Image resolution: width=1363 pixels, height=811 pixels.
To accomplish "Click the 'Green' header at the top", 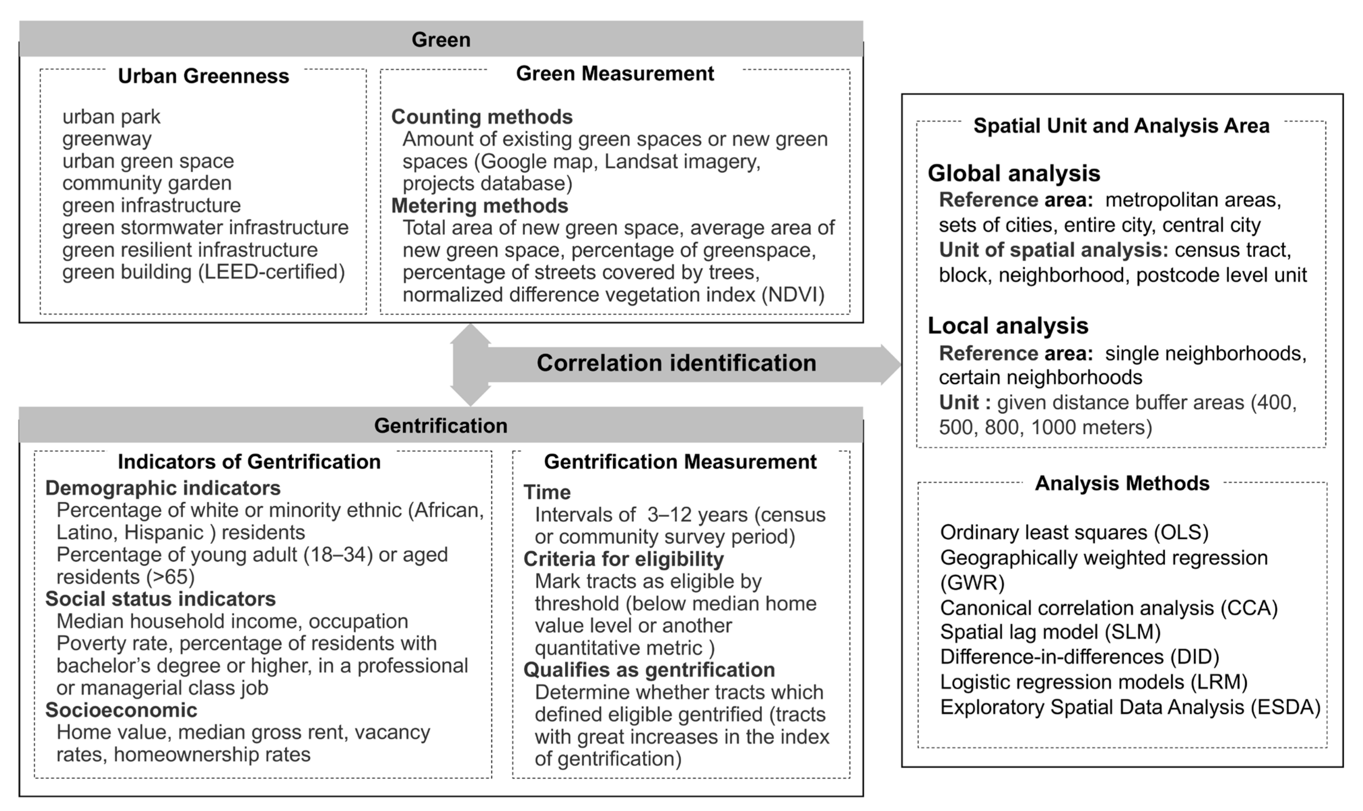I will click(440, 40).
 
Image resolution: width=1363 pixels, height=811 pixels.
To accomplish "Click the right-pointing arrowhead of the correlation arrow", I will click(891, 364).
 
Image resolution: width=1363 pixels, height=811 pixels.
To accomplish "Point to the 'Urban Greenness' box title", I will click(203, 76).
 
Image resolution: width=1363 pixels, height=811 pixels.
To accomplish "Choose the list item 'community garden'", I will click(146, 183).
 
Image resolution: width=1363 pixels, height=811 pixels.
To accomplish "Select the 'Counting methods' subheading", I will click(482, 117).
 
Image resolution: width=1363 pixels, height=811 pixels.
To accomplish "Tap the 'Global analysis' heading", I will click(1013, 173).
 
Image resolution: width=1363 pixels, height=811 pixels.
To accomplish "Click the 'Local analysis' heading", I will click(1007, 326).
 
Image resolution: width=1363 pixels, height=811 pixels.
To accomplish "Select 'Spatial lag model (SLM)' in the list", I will click(1050, 632).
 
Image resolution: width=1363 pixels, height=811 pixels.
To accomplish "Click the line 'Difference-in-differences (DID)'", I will click(1079, 657).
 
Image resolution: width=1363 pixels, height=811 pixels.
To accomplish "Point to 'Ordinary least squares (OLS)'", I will click(1074, 532).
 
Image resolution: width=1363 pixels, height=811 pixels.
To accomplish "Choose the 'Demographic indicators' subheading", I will click(163, 487).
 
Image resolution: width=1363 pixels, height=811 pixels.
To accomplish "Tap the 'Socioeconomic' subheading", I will click(121, 710).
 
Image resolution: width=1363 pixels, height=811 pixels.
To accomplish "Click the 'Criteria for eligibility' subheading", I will click(623, 559).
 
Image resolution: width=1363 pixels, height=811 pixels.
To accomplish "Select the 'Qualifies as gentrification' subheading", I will click(649, 670).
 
